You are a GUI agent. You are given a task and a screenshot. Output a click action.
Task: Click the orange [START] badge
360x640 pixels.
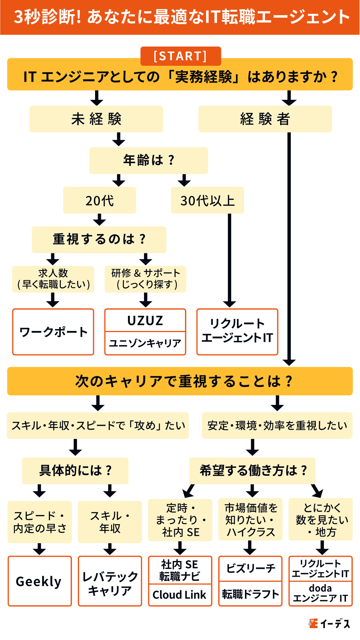[x=181, y=56]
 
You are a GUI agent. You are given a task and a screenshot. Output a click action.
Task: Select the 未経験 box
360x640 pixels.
[x=96, y=119]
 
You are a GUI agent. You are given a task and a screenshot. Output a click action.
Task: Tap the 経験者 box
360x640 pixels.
[x=265, y=119]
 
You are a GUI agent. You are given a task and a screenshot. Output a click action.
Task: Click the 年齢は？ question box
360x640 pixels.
[x=148, y=161]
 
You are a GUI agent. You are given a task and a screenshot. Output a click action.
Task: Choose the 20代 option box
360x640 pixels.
[x=100, y=200]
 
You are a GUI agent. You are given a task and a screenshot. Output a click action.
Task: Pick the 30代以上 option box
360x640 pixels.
[x=207, y=200]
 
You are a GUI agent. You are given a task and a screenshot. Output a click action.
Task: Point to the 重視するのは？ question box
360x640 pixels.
[x=99, y=240]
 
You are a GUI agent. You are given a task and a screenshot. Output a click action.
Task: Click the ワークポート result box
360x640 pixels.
[x=53, y=332]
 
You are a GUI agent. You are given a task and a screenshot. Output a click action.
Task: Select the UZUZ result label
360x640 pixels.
[x=145, y=321]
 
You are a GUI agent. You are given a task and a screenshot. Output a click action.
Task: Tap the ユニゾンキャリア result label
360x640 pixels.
[x=145, y=343]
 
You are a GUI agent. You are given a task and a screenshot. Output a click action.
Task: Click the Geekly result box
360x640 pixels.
[x=40, y=581]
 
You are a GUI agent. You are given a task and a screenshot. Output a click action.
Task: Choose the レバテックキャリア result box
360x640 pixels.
[x=110, y=581]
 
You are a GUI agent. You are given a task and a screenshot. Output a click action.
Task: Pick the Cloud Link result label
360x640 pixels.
[x=180, y=594]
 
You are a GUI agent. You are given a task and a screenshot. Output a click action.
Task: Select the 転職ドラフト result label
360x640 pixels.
[x=250, y=594]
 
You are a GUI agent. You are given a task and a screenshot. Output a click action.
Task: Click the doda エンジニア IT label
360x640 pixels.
[x=321, y=593]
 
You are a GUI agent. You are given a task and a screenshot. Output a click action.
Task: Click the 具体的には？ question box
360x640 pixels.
[x=75, y=471]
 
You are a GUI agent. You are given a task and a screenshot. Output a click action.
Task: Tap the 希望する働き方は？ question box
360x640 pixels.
[x=252, y=471]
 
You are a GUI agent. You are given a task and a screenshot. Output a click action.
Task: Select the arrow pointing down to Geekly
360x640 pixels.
[x=40, y=549]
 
